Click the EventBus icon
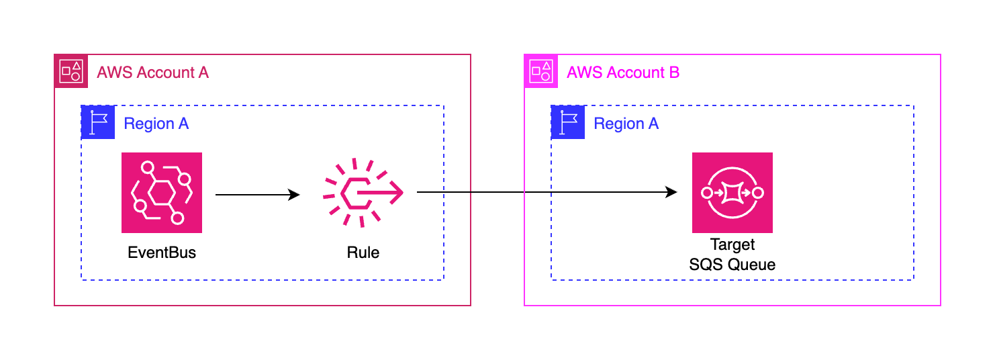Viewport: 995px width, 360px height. tap(162, 193)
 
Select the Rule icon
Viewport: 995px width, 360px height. tap(363, 193)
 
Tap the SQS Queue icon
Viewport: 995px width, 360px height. tap(732, 193)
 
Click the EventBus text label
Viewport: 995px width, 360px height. tap(162, 253)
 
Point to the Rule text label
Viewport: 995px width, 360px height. tap(363, 253)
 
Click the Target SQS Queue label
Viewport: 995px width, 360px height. tap(732, 255)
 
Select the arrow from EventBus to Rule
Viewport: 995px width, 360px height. tap(255, 195)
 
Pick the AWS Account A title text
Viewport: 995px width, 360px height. tap(153, 73)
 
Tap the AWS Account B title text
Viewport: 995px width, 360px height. tap(623, 73)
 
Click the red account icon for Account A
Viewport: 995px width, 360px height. tap(71, 71)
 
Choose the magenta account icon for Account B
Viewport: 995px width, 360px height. tap(541, 71)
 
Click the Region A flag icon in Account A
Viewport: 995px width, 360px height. tap(98, 122)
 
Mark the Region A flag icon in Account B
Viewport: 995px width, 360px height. tap(568, 122)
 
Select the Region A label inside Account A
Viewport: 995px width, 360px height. tap(156, 124)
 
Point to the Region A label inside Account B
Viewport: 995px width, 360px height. tap(626, 124)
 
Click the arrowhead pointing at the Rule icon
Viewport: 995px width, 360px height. tap(293, 195)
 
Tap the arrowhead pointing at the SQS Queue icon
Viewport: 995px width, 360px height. tap(671, 193)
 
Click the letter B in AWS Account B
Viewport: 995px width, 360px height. tap(674, 73)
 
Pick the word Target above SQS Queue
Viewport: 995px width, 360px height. tap(732, 245)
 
